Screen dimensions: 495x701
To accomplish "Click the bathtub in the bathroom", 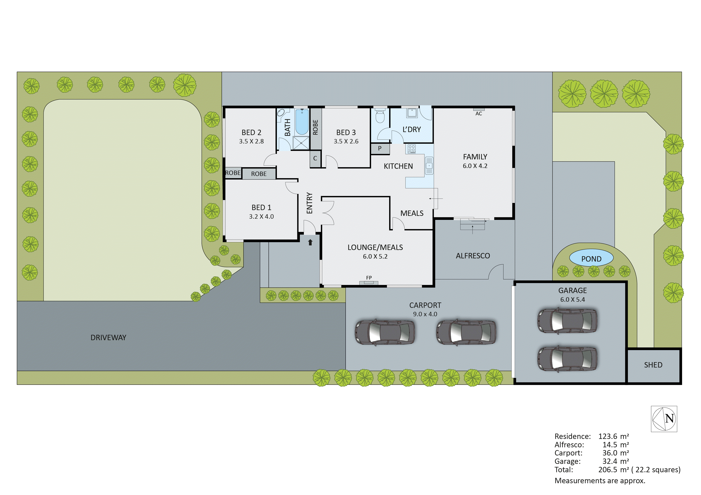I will tap(302, 122).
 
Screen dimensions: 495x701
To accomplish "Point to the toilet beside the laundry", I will tap(380, 116).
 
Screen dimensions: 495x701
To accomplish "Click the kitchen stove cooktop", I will tap(412, 149).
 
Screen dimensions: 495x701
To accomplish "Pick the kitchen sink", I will tap(429, 165).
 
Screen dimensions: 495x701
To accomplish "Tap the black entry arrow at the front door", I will tap(310, 242).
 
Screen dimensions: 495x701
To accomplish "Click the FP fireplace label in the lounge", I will tap(369, 278).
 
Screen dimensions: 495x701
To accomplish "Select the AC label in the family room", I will tap(478, 114).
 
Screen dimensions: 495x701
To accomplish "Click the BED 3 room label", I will tap(346, 132).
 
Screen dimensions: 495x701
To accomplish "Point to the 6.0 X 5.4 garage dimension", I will tap(573, 299).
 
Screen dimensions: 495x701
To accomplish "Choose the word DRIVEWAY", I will tap(108, 338).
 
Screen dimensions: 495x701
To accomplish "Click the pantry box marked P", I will tap(380, 148).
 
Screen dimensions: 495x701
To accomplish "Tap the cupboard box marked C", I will tap(315, 158).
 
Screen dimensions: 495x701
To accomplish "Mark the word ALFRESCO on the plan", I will tap(473, 256).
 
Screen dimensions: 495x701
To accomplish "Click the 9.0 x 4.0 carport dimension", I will tap(425, 314).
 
